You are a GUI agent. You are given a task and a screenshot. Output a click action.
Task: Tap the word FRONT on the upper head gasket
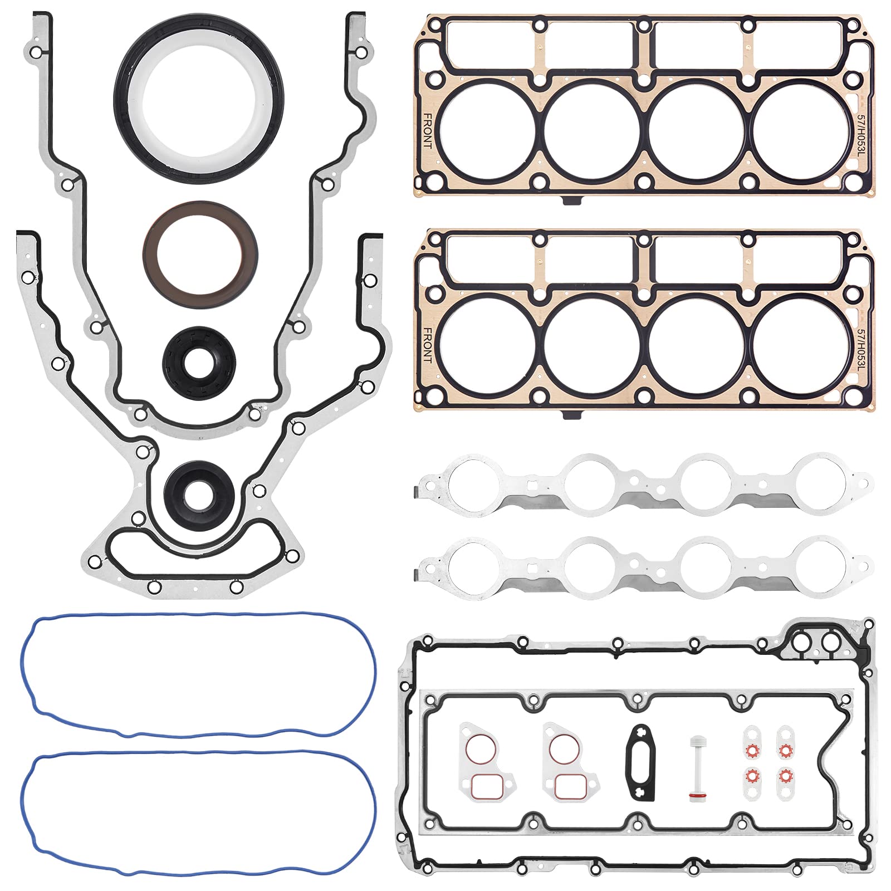click(x=428, y=131)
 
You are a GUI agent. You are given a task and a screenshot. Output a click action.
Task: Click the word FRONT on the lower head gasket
click(x=428, y=345)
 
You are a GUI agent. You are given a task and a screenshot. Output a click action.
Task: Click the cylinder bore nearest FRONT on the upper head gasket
click(x=487, y=131)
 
